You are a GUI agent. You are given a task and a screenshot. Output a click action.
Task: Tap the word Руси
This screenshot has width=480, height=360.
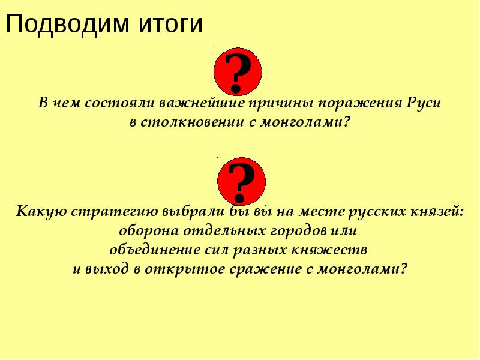[x=424, y=103]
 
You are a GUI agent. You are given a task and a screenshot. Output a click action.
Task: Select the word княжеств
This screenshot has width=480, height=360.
[x=334, y=249]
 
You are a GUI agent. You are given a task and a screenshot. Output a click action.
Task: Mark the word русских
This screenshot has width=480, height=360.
[x=367, y=212]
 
